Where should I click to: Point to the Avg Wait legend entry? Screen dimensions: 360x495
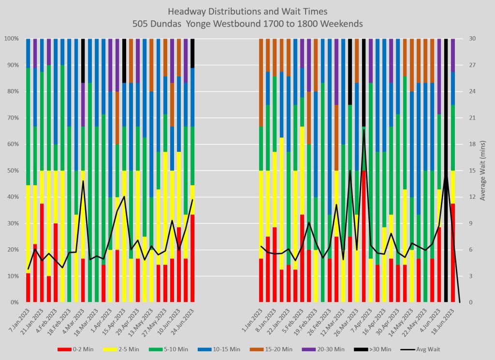pyautogui.click(x=424, y=349)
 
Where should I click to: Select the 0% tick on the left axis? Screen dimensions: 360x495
pyautogui.click(x=12, y=302)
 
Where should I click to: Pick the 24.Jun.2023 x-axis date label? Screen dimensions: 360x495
pyautogui.click(x=186, y=320)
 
